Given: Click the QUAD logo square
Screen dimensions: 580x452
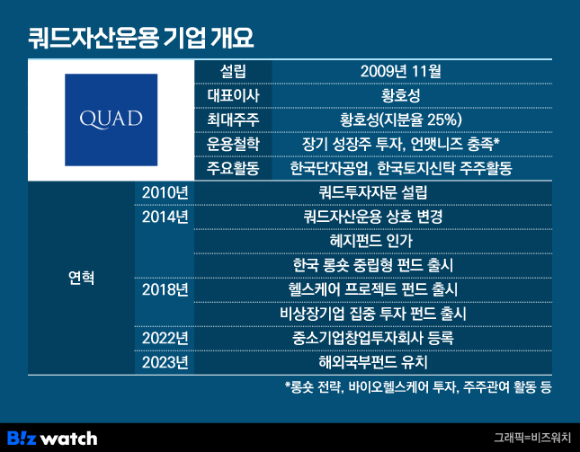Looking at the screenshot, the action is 111,120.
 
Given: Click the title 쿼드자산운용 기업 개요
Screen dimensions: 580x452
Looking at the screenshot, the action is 141,38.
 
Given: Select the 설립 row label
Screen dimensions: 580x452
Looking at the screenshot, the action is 233,71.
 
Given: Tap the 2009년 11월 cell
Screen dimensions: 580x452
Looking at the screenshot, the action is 400,71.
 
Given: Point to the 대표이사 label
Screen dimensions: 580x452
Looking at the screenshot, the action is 233,96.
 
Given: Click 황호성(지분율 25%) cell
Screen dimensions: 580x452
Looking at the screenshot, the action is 400,120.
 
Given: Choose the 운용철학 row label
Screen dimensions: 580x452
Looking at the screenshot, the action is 233,144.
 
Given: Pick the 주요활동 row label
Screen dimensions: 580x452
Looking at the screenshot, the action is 233,169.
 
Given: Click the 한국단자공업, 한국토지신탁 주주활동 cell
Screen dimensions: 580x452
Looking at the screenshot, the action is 400,169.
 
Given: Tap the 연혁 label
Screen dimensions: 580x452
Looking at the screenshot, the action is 81,278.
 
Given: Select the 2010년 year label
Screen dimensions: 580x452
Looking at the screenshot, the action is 165,192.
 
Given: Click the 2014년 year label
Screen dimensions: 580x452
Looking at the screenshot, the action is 165,217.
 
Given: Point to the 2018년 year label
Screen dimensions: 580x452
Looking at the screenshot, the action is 165,289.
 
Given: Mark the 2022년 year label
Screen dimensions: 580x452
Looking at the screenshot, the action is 165,338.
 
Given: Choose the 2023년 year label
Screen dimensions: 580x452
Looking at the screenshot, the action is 165,362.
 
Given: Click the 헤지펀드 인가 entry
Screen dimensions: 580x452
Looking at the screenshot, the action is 371,241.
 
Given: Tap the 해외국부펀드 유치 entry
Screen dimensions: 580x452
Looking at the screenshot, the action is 373,362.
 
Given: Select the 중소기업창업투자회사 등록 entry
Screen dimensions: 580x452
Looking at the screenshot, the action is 373,338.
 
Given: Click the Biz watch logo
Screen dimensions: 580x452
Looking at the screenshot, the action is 52,439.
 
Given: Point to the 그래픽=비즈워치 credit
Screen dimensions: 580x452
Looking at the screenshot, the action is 532,438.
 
